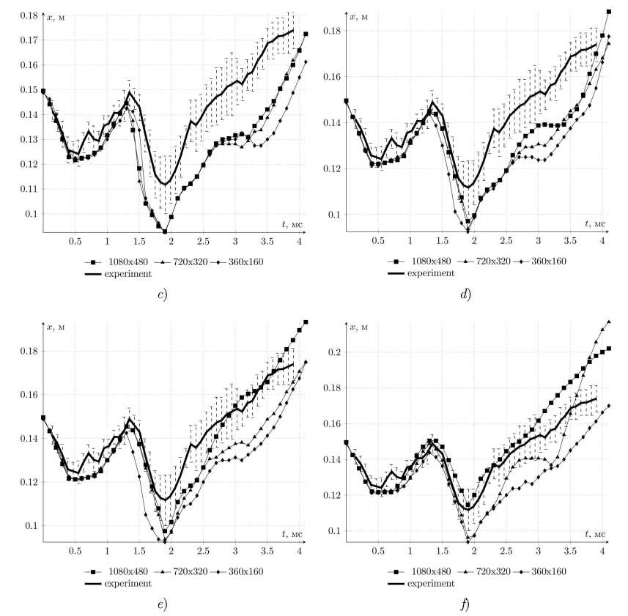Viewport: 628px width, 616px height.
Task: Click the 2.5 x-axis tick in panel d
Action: click(x=506, y=241)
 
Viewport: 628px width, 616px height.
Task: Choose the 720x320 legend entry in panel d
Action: click(x=481, y=261)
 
